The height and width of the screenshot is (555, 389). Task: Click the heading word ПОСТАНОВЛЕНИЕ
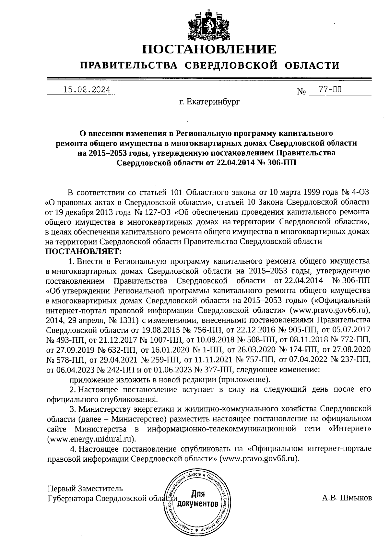pyautogui.click(x=209, y=50)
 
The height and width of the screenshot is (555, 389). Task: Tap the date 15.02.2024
pyautogui.click(x=87, y=90)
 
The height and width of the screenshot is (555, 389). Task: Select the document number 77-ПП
pyautogui.click(x=330, y=90)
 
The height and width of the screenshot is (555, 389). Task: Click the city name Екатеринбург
pyautogui.click(x=209, y=102)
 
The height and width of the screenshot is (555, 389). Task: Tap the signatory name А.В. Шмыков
pyautogui.click(x=347, y=498)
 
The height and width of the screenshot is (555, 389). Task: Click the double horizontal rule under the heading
pyautogui.click(x=209, y=79)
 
